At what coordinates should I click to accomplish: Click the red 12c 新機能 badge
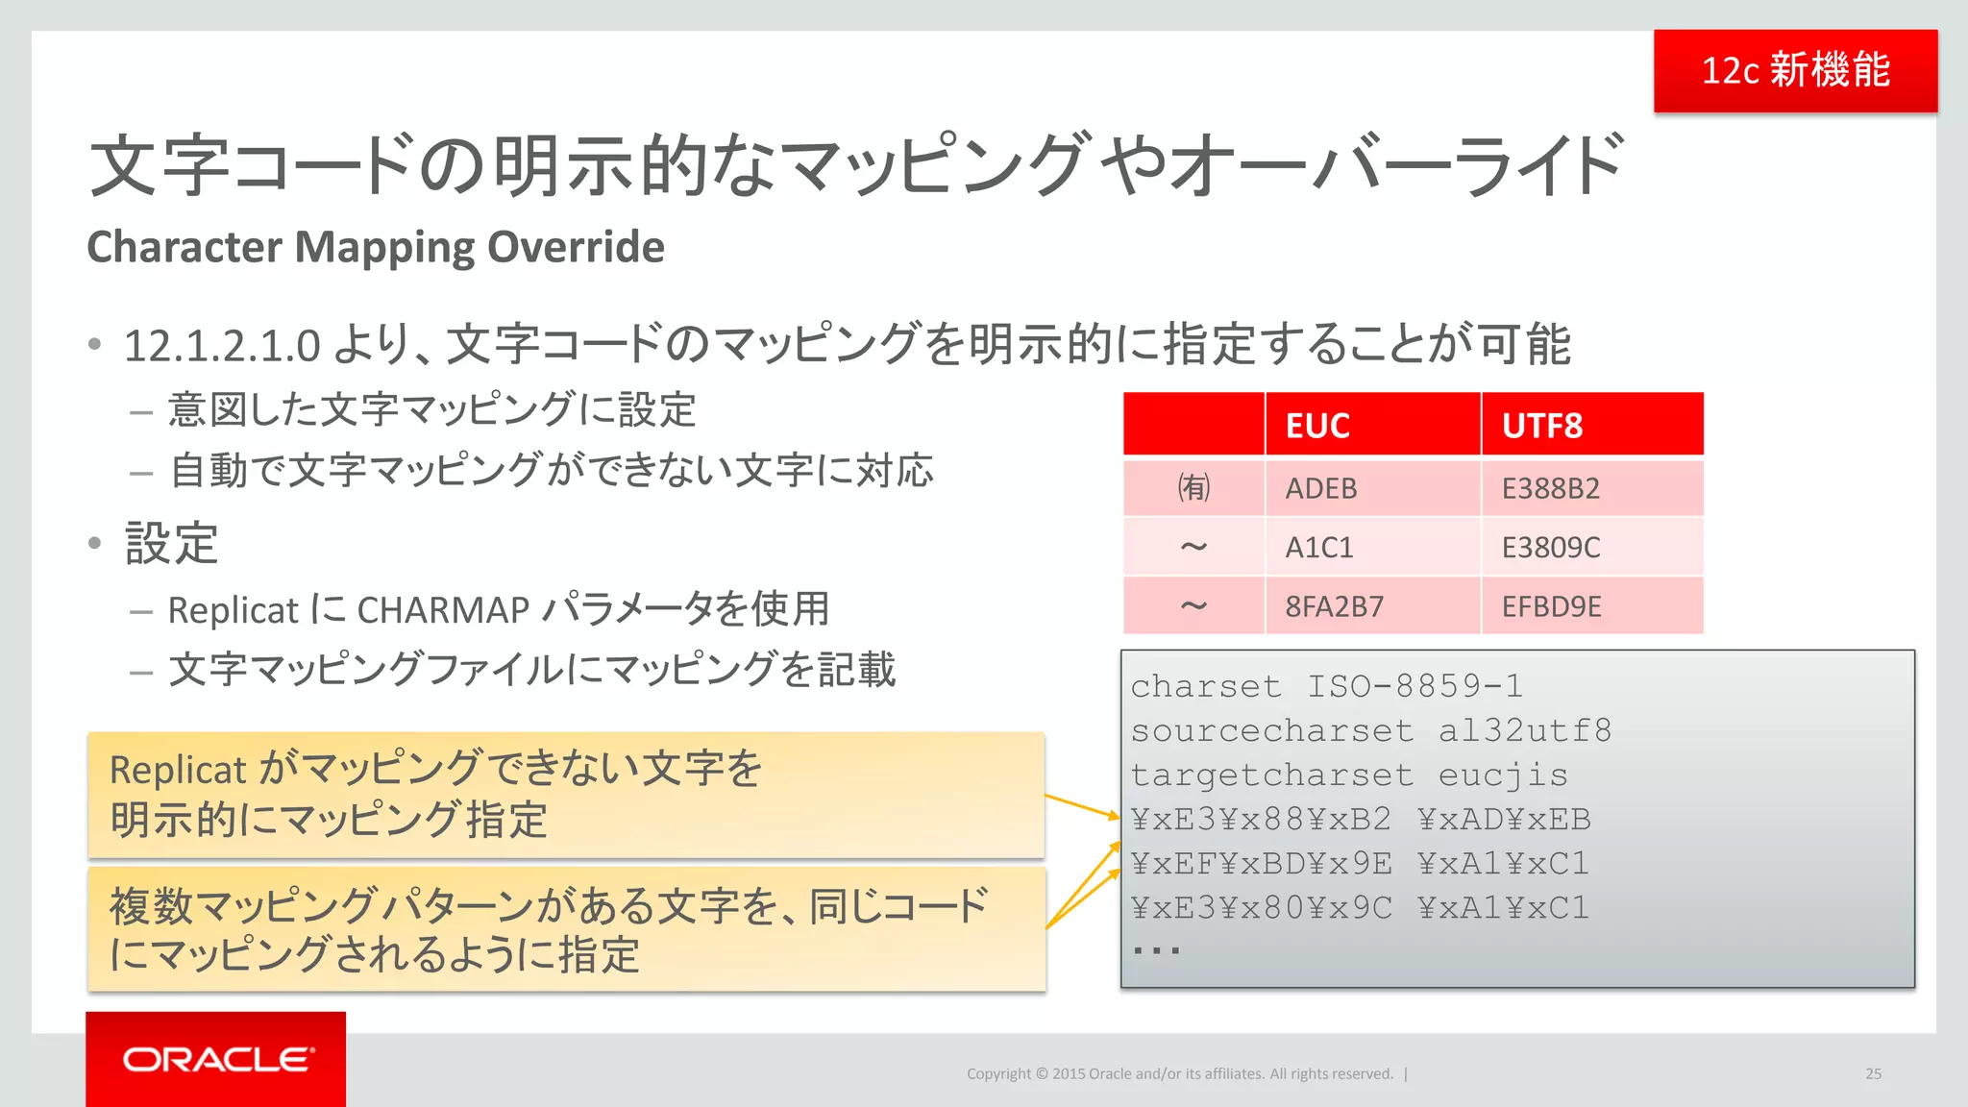point(1795,71)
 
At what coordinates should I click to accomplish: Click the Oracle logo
point(217,1059)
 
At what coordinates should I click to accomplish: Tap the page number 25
point(1873,1073)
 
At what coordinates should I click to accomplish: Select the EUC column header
point(1317,425)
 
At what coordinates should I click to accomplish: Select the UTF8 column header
point(1541,425)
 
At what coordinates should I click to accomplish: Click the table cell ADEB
point(1321,488)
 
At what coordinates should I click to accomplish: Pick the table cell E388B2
point(1550,488)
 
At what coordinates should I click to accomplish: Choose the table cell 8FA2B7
point(1334,606)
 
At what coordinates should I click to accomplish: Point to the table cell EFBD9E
point(1551,606)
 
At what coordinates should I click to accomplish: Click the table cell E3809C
point(1550,547)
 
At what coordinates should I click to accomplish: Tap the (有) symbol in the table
point(1193,488)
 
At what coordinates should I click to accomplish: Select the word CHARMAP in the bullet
point(443,610)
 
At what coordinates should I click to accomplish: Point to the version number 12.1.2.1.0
point(222,346)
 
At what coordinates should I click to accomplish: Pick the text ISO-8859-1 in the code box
point(1414,686)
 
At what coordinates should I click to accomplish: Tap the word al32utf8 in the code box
point(1524,730)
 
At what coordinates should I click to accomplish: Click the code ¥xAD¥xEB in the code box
point(1504,819)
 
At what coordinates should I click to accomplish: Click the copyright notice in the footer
point(1179,1073)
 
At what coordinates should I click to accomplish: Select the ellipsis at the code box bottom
point(1155,950)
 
